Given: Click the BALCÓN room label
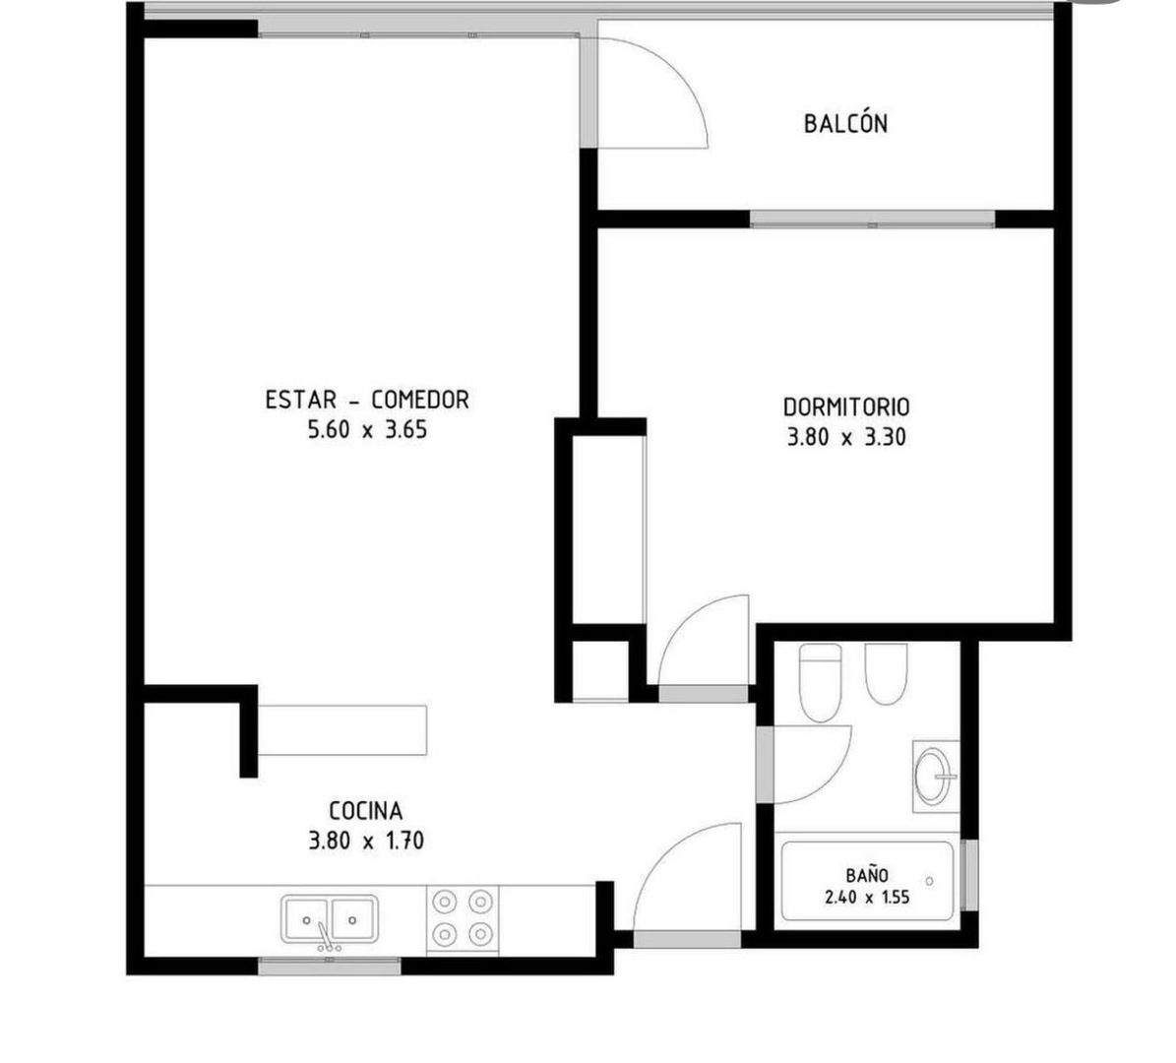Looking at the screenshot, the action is pos(845,124).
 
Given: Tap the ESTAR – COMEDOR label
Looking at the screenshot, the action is pos(367,399).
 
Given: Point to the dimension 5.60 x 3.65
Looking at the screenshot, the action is pos(367,430).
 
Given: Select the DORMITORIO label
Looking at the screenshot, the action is pos(846,406).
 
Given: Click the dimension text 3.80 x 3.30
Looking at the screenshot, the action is pos(846,437).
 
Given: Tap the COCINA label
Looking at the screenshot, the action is pos(366,811).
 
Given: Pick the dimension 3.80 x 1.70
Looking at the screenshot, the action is pos(366,841).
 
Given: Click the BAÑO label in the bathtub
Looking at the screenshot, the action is pos(867,875).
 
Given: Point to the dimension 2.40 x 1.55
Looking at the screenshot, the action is pos(867,897).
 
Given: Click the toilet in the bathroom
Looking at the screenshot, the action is pos(821,682).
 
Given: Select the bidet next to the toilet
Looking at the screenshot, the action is pos(886,673).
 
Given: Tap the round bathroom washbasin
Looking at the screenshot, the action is pos(935,777).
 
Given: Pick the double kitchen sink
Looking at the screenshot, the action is pos(330,919).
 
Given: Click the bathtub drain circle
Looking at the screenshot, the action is pos(929,882).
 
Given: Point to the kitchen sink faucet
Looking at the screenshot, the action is pos(327,937).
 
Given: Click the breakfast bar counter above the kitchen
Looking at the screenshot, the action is pos(342,730).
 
